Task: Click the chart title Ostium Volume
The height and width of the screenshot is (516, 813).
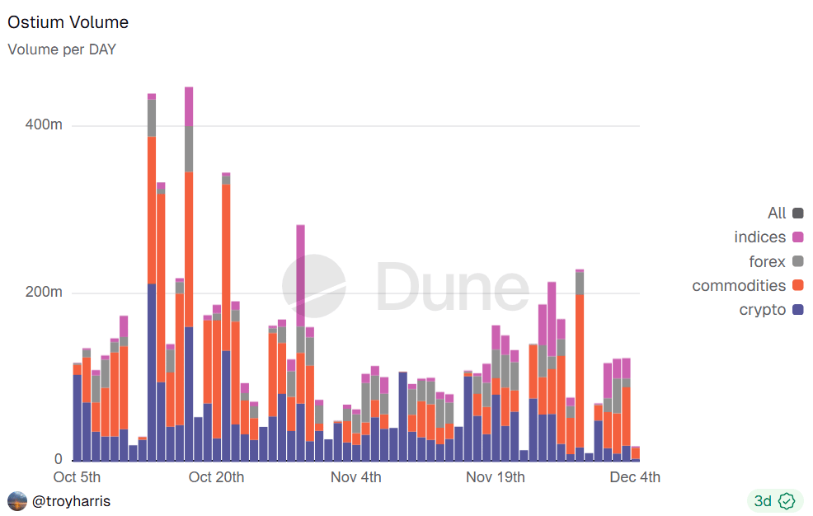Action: point(68,22)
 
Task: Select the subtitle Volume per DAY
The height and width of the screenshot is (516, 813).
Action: point(62,49)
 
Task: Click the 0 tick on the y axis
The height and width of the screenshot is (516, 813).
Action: point(58,459)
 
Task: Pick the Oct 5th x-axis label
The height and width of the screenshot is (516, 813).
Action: point(77,477)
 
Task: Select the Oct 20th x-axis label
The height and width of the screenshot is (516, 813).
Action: point(216,477)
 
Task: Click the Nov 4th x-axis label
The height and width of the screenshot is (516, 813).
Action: point(356,477)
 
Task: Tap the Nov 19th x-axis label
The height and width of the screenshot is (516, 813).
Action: point(496,477)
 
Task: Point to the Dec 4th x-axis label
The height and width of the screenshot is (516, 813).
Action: point(635,477)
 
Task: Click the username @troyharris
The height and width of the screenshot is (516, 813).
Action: point(71,501)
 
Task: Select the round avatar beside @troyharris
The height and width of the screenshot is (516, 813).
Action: point(16,501)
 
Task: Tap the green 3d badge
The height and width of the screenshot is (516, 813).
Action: point(773,500)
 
